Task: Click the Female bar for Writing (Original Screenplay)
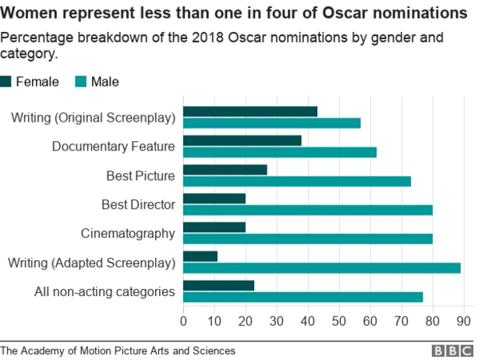pos(250,111)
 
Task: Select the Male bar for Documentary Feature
pos(280,152)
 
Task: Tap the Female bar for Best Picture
pos(225,170)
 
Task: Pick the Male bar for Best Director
pos(308,210)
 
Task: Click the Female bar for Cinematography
pos(214,227)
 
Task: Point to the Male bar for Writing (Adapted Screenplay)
pos(322,268)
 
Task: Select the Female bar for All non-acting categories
pos(219,285)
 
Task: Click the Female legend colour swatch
pos(6,81)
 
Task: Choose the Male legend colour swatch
pos(81,81)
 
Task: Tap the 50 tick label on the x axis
pos(339,321)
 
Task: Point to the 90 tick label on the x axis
pos(464,321)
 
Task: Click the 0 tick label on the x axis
pos(183,321)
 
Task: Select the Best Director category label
pos(138,205)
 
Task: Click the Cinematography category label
pos(128,234)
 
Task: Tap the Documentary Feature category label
pos(113,146)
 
